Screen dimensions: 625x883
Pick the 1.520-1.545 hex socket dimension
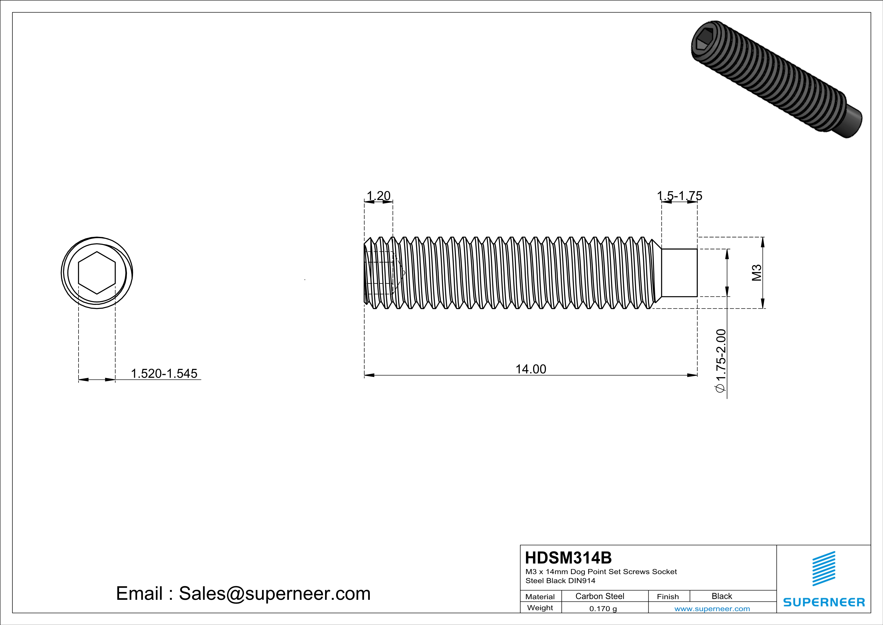[164, 373]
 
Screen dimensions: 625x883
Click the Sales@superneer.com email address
[275, 593]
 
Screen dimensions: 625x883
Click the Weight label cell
[540, 608]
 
